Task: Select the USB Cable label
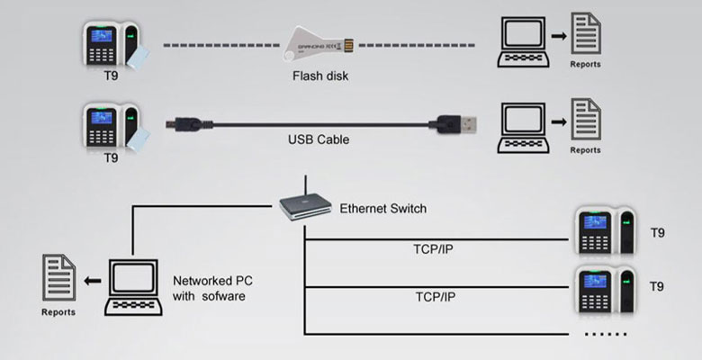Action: [318, 139]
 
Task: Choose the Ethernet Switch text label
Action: [382, 209]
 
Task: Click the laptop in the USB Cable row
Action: [524, 126]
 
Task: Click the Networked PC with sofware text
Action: [208, 288]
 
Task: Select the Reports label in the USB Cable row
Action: [586, 149]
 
